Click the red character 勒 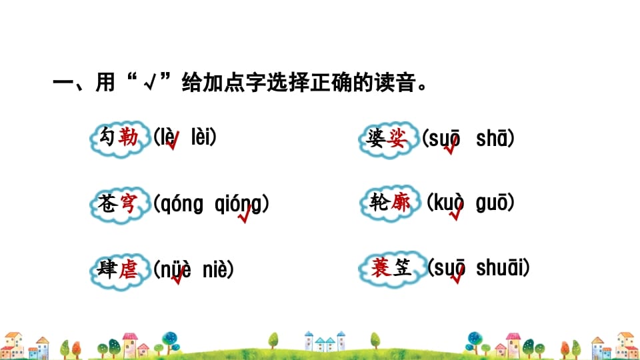(128, 138)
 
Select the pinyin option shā (494, 139)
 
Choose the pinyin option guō (494, 203)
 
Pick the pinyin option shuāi (502, 269)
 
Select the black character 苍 (106, 203)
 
